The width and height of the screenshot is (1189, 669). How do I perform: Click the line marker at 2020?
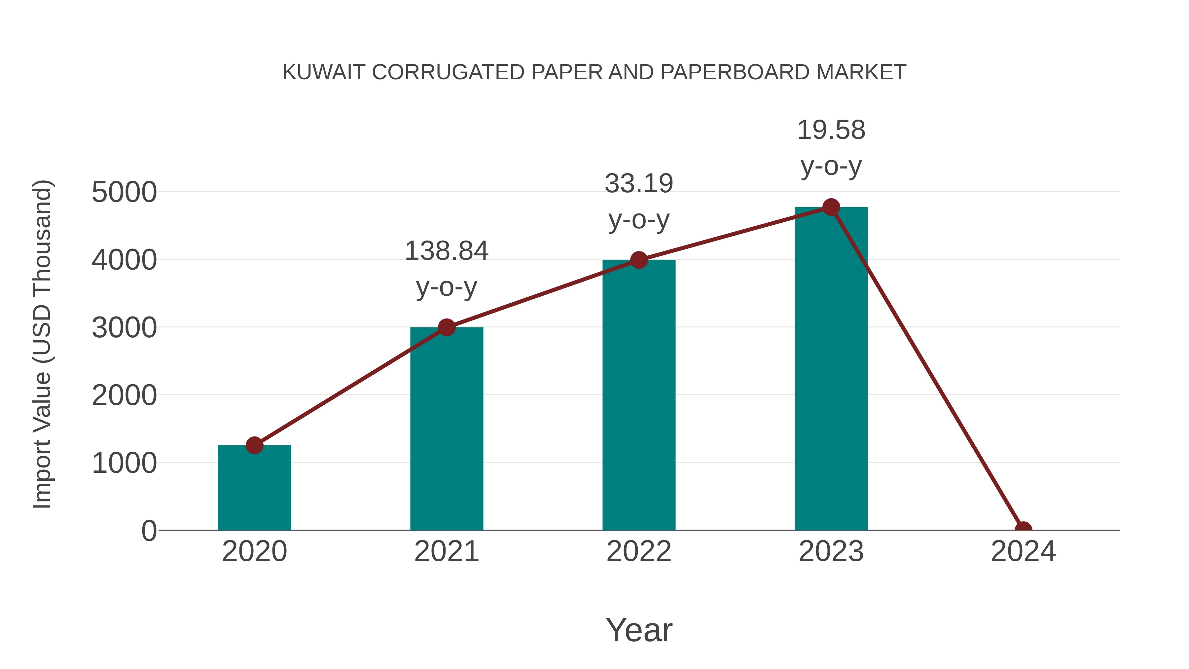tap(254, 446)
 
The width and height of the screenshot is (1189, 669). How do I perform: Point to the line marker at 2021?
tap(446, 327)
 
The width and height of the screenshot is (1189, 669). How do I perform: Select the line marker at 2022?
tap(639, 260)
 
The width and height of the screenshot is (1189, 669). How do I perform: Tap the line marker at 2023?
tap(831, 207)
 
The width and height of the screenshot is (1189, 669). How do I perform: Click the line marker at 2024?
tap(1023, 529)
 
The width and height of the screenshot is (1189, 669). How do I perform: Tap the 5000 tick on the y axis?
tap(124, 192)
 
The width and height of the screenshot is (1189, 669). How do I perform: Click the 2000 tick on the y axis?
tap(124, 396)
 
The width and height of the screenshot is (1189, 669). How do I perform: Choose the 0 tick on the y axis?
tap(149, 531)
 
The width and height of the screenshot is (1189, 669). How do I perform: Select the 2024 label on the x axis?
tap(1023, 551)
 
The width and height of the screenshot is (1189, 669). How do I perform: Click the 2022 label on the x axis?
tap(639, 551)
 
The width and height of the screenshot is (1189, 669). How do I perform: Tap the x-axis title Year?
tap(639, 630)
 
